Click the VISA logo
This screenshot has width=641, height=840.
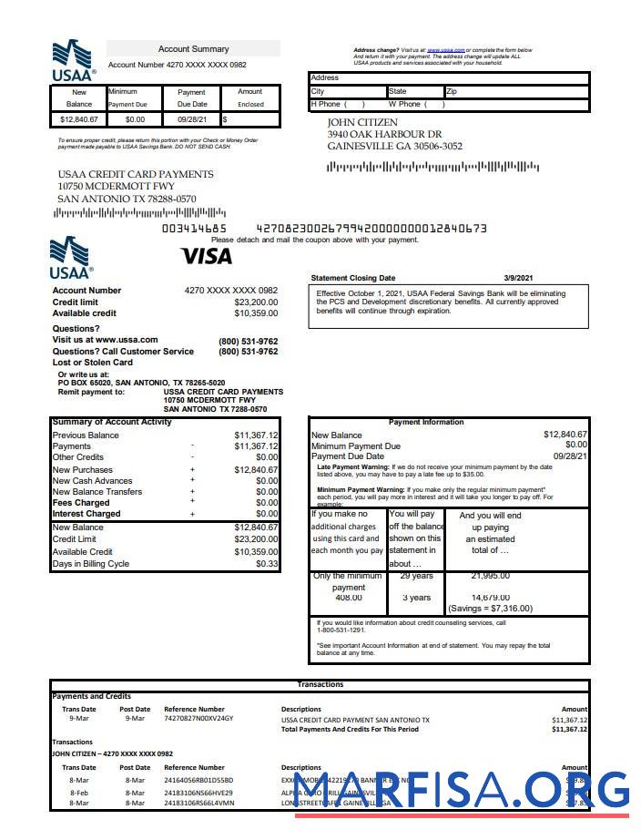tap(206, 257)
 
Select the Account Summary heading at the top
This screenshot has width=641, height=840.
tap(193, 49)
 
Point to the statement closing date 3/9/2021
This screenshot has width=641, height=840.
tap(518, 278)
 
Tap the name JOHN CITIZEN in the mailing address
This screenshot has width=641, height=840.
tap(362, 122)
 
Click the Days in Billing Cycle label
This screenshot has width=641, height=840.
tap(90, 564)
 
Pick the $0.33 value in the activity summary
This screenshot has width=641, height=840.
tap(267, 564)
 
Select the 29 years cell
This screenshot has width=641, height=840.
tap(416, 576)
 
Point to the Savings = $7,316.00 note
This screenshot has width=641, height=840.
tap(490, 609)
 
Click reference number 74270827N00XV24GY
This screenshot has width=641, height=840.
tap(198, 719)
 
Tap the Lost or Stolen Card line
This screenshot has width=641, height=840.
tap(92, 363)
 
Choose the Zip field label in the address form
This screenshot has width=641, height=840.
tap(453, 92)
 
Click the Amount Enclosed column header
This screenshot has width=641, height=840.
tap(250, 97)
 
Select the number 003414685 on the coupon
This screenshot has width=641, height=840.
tap(194, 229)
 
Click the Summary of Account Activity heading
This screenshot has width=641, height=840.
tap(112, 422)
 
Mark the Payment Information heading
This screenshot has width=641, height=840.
tap(425, 422)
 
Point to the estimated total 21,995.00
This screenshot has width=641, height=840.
tap(490, 576)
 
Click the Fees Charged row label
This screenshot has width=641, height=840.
tap(81, 503)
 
